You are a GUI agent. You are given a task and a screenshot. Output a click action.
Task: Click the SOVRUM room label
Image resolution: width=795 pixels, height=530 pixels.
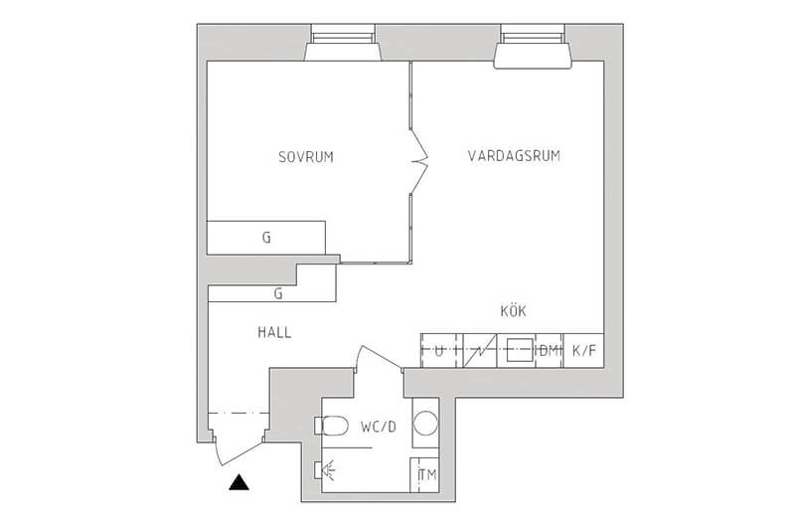coord(306,157)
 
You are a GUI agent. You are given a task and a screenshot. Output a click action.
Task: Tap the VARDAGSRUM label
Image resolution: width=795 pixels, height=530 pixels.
coord(514,155)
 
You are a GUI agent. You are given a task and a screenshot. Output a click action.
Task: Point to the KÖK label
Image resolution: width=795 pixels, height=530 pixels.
coord(513,310)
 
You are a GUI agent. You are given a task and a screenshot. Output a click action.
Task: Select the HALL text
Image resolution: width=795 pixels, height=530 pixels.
coord(274,332)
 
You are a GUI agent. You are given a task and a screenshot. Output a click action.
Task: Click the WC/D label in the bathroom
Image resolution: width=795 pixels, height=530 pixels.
coord(379,427)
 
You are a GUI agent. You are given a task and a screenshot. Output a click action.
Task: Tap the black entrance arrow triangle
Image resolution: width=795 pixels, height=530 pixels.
coord(238,482)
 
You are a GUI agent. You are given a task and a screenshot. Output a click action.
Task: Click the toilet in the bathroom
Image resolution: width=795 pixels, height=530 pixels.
coord(331,426)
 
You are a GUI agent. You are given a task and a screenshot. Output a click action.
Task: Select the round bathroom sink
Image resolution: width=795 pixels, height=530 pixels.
coord(425,423)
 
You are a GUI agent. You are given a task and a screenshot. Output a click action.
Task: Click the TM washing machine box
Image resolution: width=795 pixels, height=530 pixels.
coord(424,474)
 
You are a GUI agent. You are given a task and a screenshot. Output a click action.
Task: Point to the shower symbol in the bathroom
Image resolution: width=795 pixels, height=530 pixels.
coord(325,470)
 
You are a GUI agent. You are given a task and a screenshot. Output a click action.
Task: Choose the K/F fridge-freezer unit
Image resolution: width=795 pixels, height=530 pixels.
coord(583,350)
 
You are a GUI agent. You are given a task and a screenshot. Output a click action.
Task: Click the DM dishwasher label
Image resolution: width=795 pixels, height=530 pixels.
coord(549,350)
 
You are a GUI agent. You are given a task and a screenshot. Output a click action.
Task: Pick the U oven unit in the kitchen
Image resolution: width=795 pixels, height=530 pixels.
coord(439,350)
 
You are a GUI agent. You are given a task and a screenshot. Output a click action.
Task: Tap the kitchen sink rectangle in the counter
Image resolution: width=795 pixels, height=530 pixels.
coord(520,350)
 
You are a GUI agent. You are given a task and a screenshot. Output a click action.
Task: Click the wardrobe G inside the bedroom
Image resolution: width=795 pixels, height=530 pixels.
coord(266,238)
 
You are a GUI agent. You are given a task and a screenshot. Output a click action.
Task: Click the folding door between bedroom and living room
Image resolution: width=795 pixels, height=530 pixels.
coord(418,161)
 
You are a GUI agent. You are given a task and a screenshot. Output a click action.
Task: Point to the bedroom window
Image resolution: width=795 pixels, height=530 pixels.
coord(343,43)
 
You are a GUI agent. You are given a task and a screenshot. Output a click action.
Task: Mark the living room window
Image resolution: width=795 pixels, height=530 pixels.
coord(533,46)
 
